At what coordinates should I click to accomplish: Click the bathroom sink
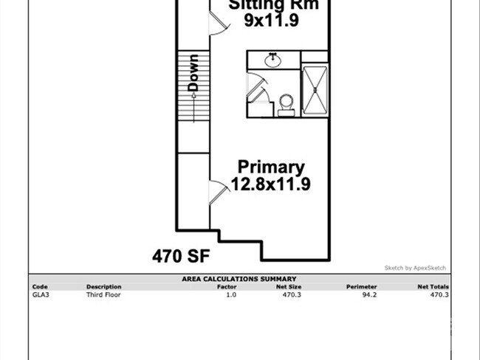coord(273,59)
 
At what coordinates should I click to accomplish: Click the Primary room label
coord(270,167)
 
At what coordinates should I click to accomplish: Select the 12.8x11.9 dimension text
coord(270,184)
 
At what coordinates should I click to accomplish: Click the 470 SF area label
coord(182,257)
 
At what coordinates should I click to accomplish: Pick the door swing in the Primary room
coord(218,190)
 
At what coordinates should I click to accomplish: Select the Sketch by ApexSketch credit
coord(415,268)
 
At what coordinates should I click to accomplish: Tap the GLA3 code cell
coord(40,294)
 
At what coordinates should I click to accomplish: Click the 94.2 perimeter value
coord(368,294)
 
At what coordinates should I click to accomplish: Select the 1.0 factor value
coord(230,294)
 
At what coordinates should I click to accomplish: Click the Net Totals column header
coord(433,286)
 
